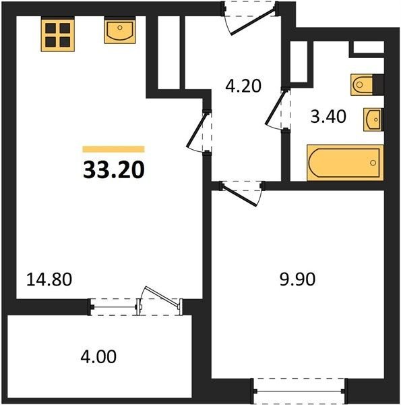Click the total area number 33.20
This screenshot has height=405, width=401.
(x=114, y=170)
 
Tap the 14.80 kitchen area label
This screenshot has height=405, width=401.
(x=49, y=279)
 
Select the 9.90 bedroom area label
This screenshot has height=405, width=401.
(x=297, y=279)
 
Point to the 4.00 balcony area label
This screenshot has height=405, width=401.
(x=98, y=356)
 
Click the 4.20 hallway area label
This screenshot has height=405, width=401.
(x=243, y=86)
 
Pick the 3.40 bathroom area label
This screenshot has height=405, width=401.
(x=328, y=117)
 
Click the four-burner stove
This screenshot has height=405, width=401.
(x=58, y=34)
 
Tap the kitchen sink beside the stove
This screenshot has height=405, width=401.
(x=120, y=30)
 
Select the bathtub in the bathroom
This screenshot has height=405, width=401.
(x=345, y=163)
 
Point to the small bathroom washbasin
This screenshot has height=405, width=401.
(x=373, y=119)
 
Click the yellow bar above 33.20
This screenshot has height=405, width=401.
(x=113, y=149)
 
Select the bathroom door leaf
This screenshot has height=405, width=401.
(x=276, y=107)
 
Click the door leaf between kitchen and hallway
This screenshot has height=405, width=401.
(x=197, y=130)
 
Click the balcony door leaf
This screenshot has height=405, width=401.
(x=162, y=297)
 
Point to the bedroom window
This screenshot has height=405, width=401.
(x=299, y=391)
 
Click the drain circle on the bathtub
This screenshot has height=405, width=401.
(x=373, y=163)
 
